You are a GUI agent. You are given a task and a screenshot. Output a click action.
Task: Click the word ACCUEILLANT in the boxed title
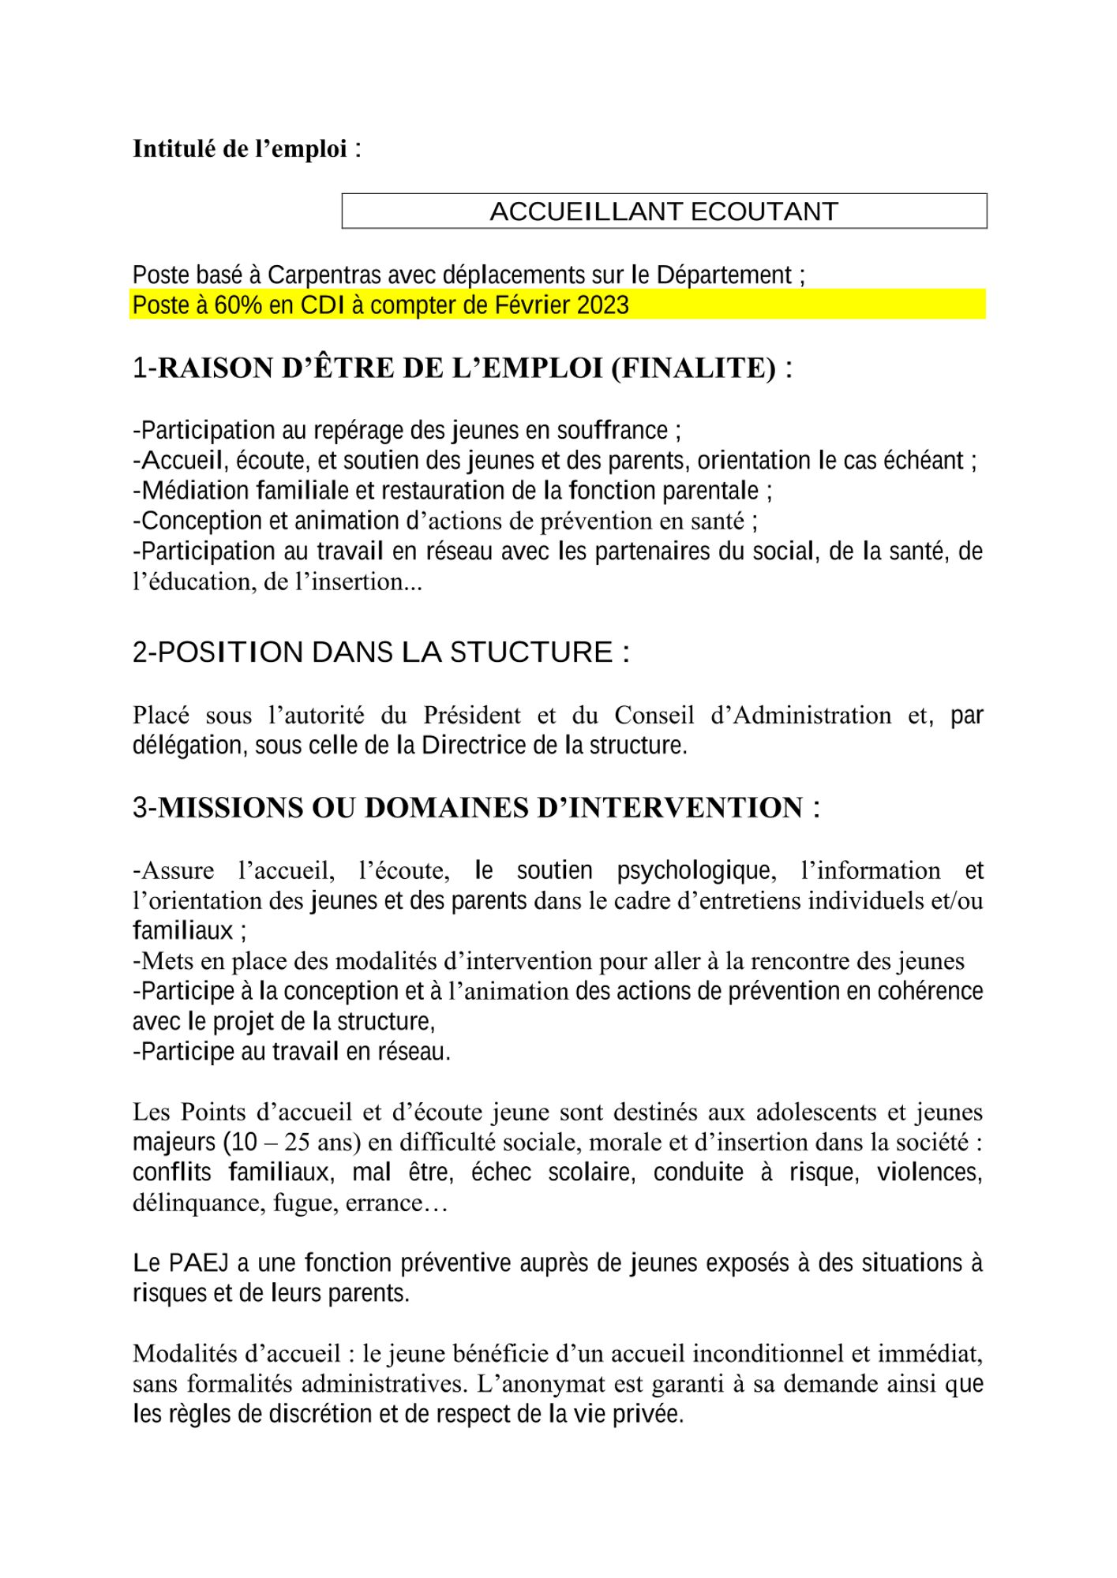coord(587,211)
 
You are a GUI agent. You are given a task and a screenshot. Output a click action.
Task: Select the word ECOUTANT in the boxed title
coord(764,211)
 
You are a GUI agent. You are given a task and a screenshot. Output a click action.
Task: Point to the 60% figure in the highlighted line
coord(238,305)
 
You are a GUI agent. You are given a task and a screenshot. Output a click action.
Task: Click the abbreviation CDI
coord(323,305)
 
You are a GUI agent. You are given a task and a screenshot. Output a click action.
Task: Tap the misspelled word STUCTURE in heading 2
coord(531,653)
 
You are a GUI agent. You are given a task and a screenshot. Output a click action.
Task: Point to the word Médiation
coord(196,491)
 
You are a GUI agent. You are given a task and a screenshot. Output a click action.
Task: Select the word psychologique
coord(694,871)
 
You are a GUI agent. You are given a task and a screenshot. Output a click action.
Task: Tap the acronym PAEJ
coord(199,1263)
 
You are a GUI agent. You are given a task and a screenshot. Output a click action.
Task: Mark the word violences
coord(929,1173)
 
